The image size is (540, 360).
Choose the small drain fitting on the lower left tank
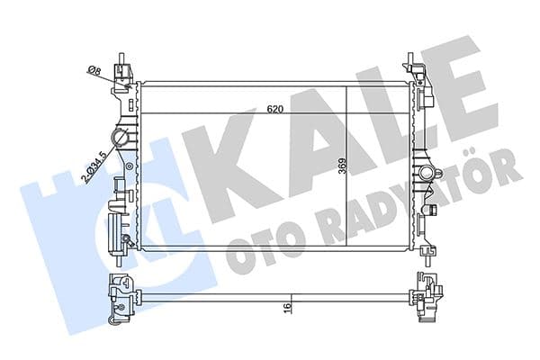click(x=127, y=240)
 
